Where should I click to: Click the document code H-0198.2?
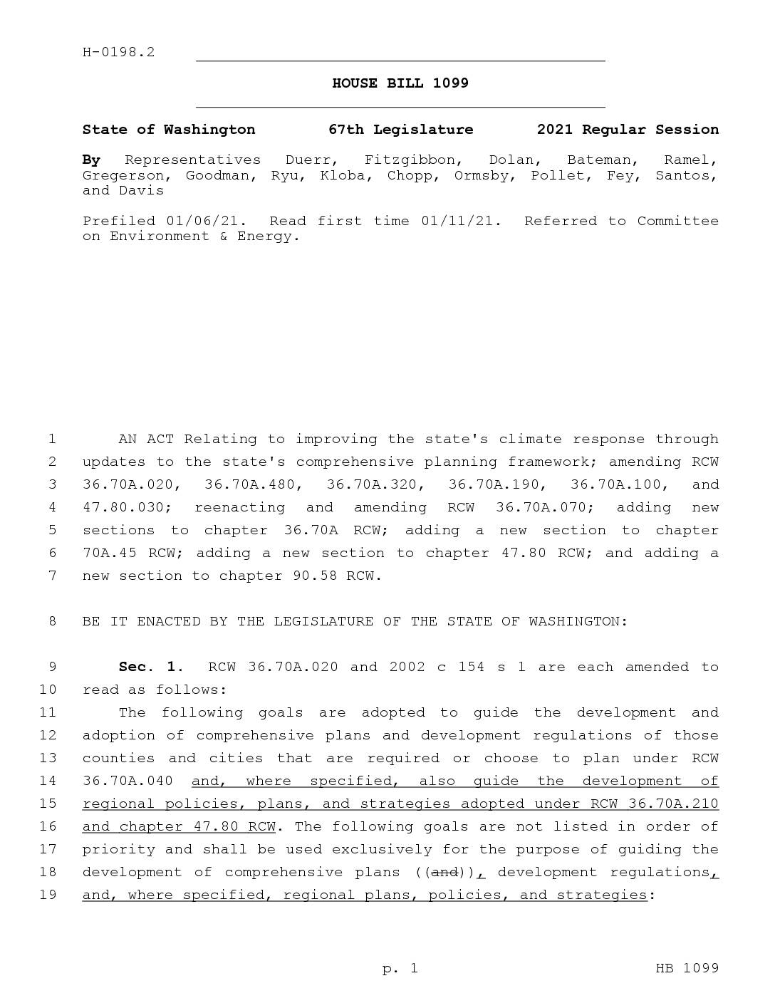pyautogui.click(x=118, y=52)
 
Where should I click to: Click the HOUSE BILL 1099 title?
pyautogui.click(x=400, y=83)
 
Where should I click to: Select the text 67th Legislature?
pyautogui.click(x=400, y=130)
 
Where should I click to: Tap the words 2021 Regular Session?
pyautogui.click(x=628, y=130)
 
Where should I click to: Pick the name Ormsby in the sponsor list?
pyautogui.click(x=484, y=175)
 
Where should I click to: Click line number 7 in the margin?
pyautogui.click(x=52, y=576)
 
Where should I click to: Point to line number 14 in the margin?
pyautogui.click(x=48, y=781)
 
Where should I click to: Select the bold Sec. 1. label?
pyautogui.click(x=151, y=667)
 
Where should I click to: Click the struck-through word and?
pyautogui.click(x=444, y=872)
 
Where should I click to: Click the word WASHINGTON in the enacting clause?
pyautogui.click(x=578, y=621)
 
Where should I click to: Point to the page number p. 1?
pyautogui.click(x=400, y=968)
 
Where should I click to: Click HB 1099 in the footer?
pyautogui.click(x=687, y=968)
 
